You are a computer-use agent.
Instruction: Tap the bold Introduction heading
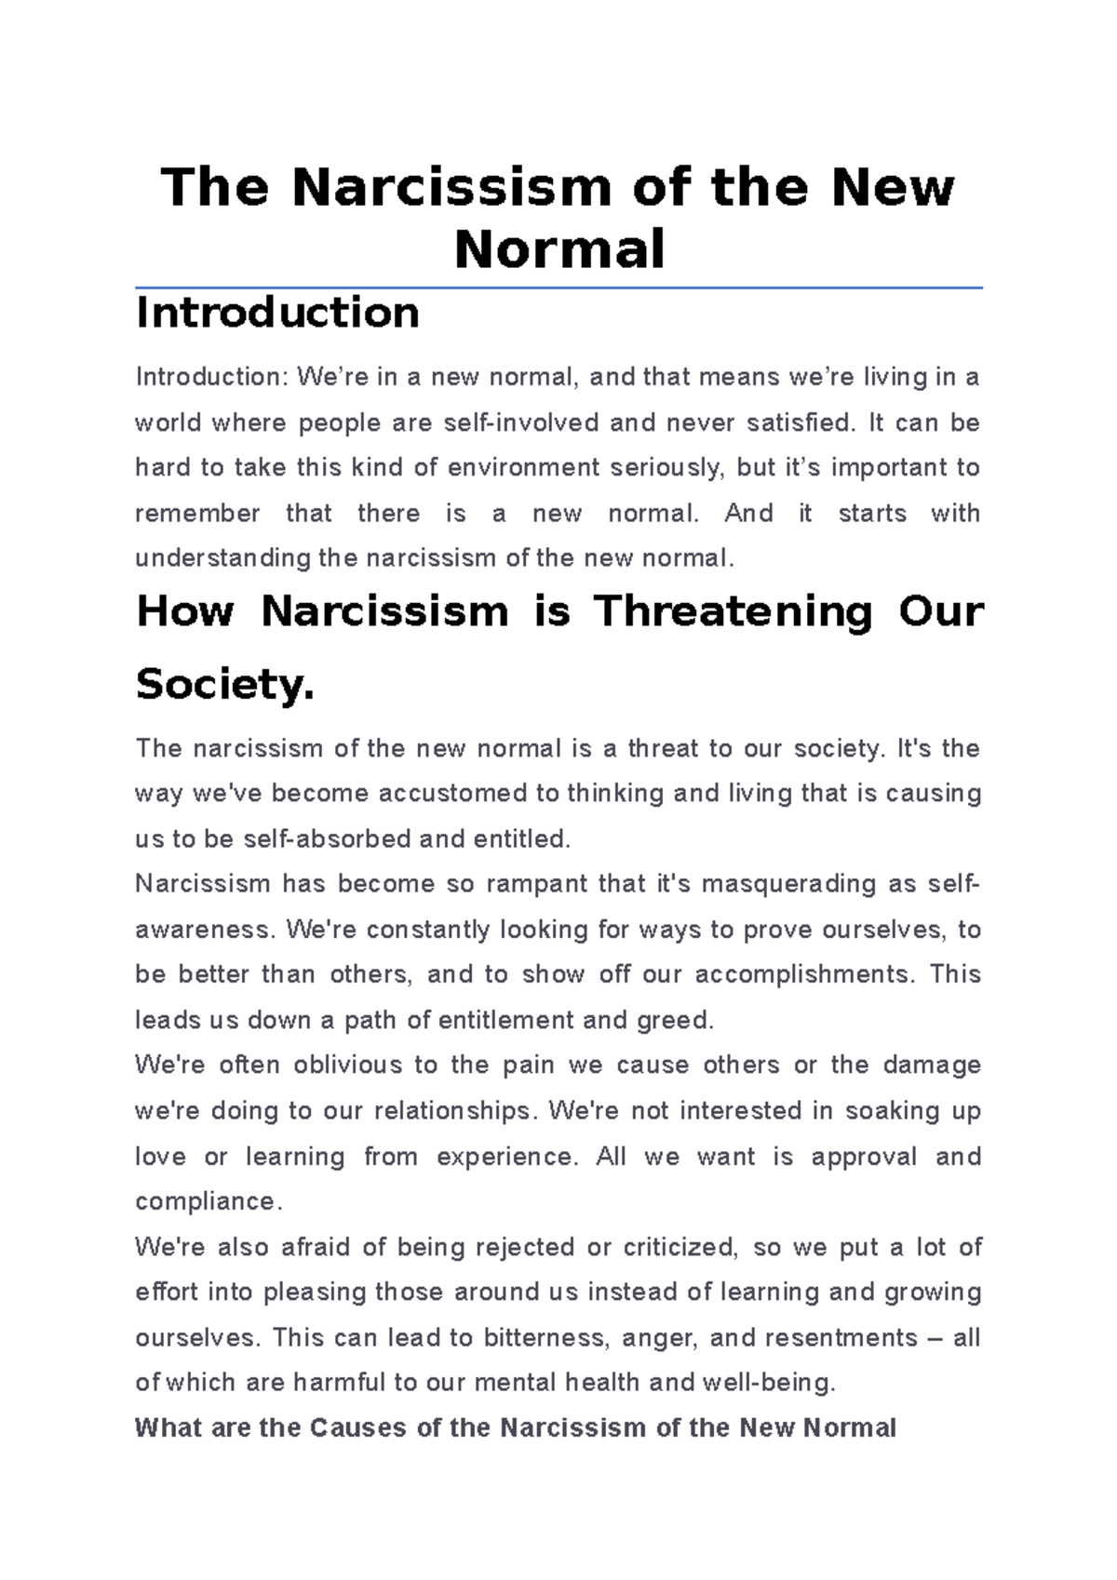277,313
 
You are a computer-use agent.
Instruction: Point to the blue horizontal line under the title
558,288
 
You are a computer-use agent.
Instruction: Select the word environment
524,468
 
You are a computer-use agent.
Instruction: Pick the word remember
197,514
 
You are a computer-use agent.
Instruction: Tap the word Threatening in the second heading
733,612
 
